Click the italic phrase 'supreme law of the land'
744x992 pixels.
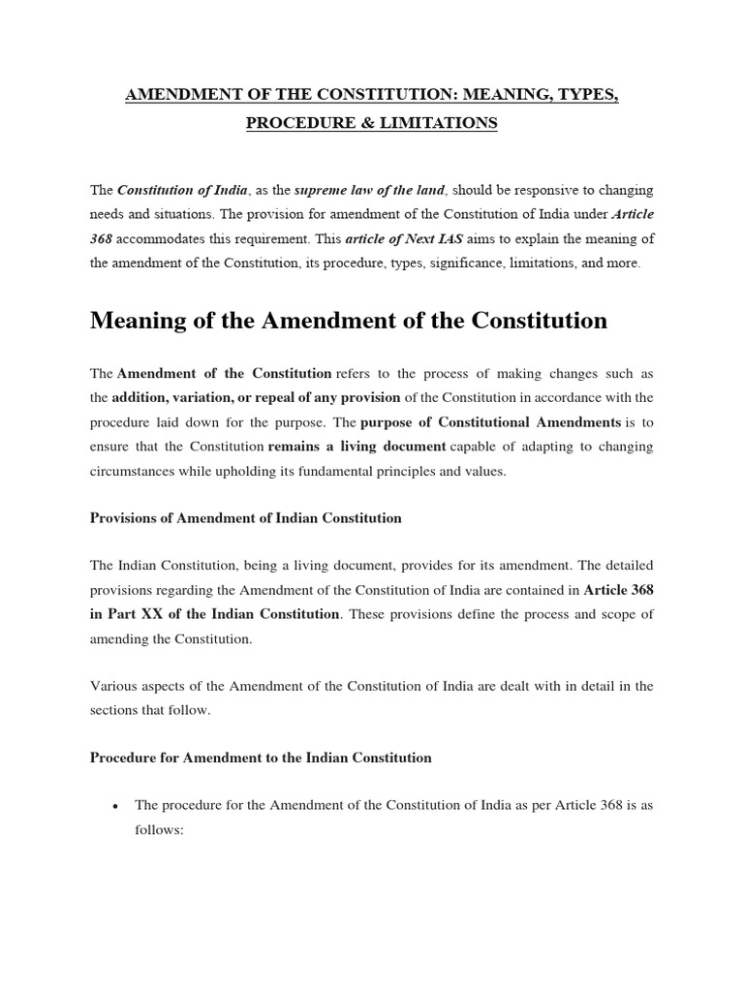[x=356, y=190]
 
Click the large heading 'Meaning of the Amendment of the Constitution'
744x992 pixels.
[x=349, y=321]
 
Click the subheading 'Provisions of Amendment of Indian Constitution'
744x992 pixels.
[x=245, y=518]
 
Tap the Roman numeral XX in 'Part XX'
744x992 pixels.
[x=153, y=614]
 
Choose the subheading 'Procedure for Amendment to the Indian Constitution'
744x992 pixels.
[x=261, y=758]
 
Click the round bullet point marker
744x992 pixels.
[x=116, y=806]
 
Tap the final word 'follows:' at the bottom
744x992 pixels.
[x=159, y=830]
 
